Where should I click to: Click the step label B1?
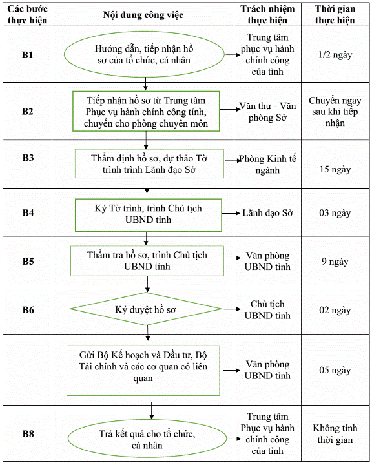click(27, 55)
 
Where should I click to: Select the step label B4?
click(28, 212)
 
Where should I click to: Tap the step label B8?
click(28, 434)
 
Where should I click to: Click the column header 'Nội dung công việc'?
click(143, 15)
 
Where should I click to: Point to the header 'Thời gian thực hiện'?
click(335, 14)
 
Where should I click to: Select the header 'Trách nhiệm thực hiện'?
click(267, 14)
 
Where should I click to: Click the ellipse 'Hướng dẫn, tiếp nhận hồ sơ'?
click(144, 54)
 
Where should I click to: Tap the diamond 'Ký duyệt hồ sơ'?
click(145, 309)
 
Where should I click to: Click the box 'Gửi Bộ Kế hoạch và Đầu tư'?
click(143, 371)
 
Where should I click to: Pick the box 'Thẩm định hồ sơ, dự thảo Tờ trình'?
click(149, 163)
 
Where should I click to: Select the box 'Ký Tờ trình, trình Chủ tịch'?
click(148, 215)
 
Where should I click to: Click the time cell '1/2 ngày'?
click(335, 55)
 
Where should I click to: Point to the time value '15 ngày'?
click(335, 169)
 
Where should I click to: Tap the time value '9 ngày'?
click(335, 262)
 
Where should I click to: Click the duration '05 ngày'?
click(335, 371)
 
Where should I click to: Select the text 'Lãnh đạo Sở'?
click(267, 213)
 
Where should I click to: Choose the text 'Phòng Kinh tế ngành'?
click(267, 164)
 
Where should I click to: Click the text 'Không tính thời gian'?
click(335, 433)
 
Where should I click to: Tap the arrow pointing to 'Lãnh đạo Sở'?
click(231, 213)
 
